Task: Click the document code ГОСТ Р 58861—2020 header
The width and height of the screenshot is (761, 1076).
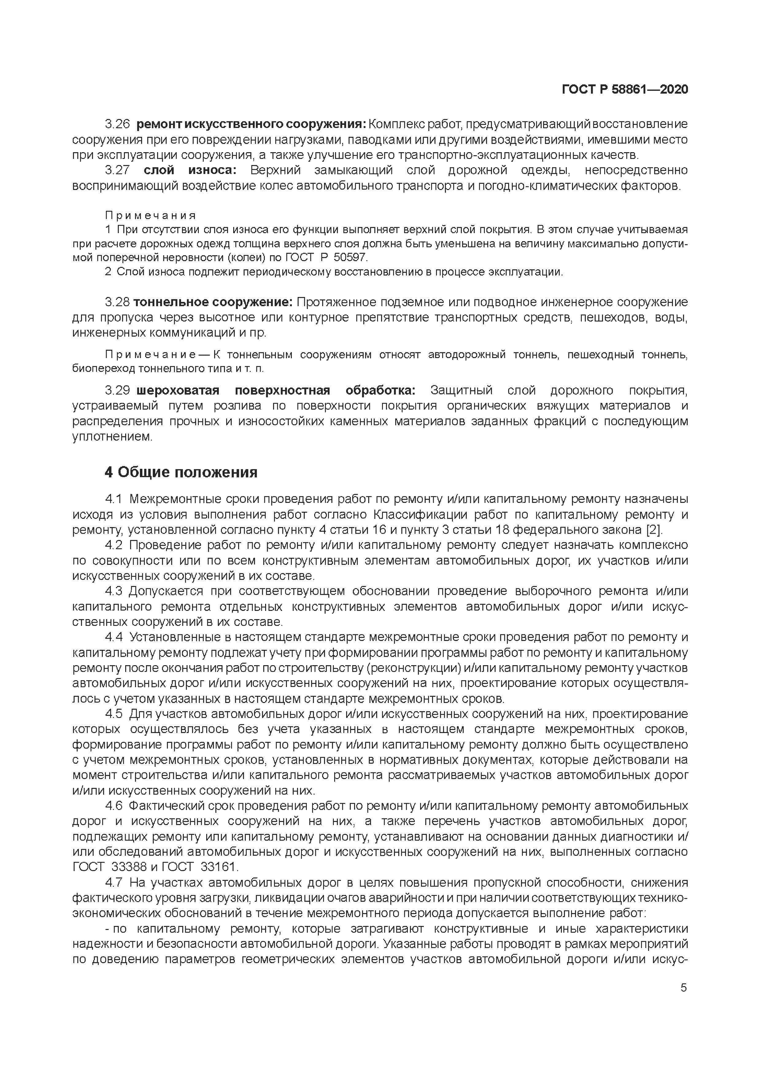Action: [x=625, y=90]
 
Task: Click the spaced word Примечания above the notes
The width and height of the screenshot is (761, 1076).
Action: [x=150, y=216]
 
